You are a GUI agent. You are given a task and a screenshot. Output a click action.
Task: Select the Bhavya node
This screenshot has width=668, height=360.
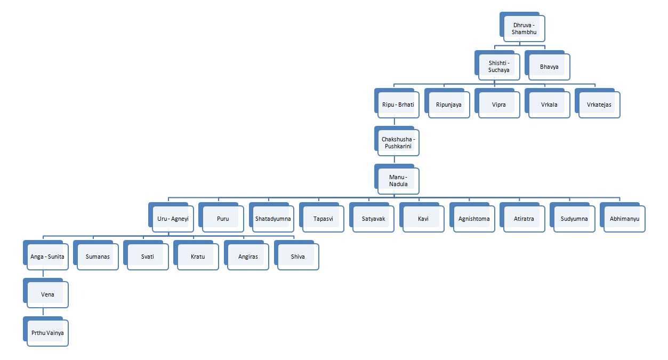click(x=549, y=67)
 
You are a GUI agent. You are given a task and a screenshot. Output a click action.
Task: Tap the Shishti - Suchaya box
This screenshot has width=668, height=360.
click(x=499, y=67)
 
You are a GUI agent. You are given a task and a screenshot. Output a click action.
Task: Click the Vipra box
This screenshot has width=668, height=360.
click(x=499, y=105)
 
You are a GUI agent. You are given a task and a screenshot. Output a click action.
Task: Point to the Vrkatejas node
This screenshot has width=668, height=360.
click(x=599, y=105)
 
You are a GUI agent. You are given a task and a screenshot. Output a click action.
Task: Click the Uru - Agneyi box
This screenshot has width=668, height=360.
click(x=173, y=219)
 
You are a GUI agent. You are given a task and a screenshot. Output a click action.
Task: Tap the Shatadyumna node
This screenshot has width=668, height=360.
click(x=273, y=219)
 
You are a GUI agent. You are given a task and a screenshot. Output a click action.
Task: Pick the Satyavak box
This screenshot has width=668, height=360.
click(x=373, y=219)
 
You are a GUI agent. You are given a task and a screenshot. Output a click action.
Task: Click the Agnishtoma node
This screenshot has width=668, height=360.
click(x=474, y=219)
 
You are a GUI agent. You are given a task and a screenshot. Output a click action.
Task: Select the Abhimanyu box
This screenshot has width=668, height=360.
click(x=624, y=219)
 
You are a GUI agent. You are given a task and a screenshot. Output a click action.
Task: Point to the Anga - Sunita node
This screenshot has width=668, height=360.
click(x=47, y=257)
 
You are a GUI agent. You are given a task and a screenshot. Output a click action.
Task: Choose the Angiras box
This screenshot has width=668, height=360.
click(x=248, y=257)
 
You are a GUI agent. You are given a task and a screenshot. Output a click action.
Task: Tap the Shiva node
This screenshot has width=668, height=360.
click(x=298, y=257)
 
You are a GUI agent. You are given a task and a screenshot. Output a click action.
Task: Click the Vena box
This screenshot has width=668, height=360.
click(x=47, y=294)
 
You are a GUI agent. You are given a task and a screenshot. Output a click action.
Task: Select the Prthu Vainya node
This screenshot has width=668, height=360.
click(x=47, y=333)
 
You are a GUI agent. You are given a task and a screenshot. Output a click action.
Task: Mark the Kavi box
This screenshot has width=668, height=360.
click(x=423, y=219)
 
